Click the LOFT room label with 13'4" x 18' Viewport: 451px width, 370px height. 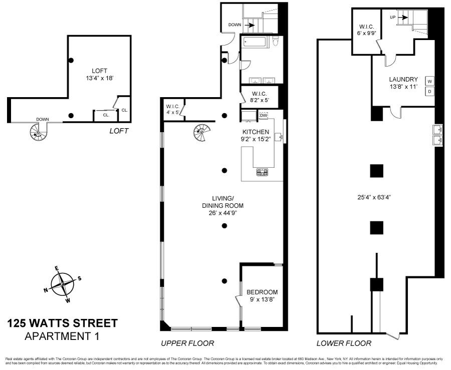click(x=98, y=75)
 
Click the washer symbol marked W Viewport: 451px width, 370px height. click(x=429, y=81)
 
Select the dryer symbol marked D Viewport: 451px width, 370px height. click(x=429, y=91)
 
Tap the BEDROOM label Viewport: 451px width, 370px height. click(x=262, y=292)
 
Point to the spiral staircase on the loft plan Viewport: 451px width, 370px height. click(x=37, y=133)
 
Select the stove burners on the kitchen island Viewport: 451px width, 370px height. click(x=262, y=172)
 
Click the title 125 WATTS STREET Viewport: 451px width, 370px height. click(x=63, y=323)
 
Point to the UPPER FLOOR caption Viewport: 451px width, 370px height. click(x=187, y=343)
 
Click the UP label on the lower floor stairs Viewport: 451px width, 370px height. click(x=394, y=18)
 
